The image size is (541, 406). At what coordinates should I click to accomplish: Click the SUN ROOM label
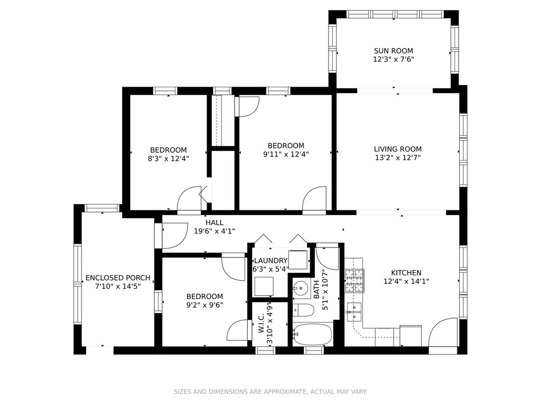pos(393,51)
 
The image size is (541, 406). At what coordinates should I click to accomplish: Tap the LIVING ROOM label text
pos(398,149)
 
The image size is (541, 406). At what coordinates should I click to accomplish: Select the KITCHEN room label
pos(406,273)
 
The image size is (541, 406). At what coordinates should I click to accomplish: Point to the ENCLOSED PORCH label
pos(118,278)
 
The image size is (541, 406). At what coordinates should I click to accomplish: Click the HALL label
pos(214,223)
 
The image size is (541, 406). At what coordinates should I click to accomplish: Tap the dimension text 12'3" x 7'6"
pos(393,59)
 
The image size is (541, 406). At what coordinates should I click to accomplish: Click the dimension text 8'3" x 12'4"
pos(169,159)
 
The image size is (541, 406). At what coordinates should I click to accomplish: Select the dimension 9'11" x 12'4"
pos(286,154)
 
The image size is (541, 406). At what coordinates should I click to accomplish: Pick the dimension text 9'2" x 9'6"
pos(204,305)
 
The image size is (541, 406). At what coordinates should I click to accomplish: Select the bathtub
pos(312,334)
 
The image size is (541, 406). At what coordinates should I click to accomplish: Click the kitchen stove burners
pos(355,281)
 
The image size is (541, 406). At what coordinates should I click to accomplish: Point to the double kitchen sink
pos(354,311)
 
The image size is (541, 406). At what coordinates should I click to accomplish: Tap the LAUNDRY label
pos(270,261)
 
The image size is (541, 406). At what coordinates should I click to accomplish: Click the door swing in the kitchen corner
pos(443,332)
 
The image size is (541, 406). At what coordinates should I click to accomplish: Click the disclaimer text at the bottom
pos(270,392)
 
